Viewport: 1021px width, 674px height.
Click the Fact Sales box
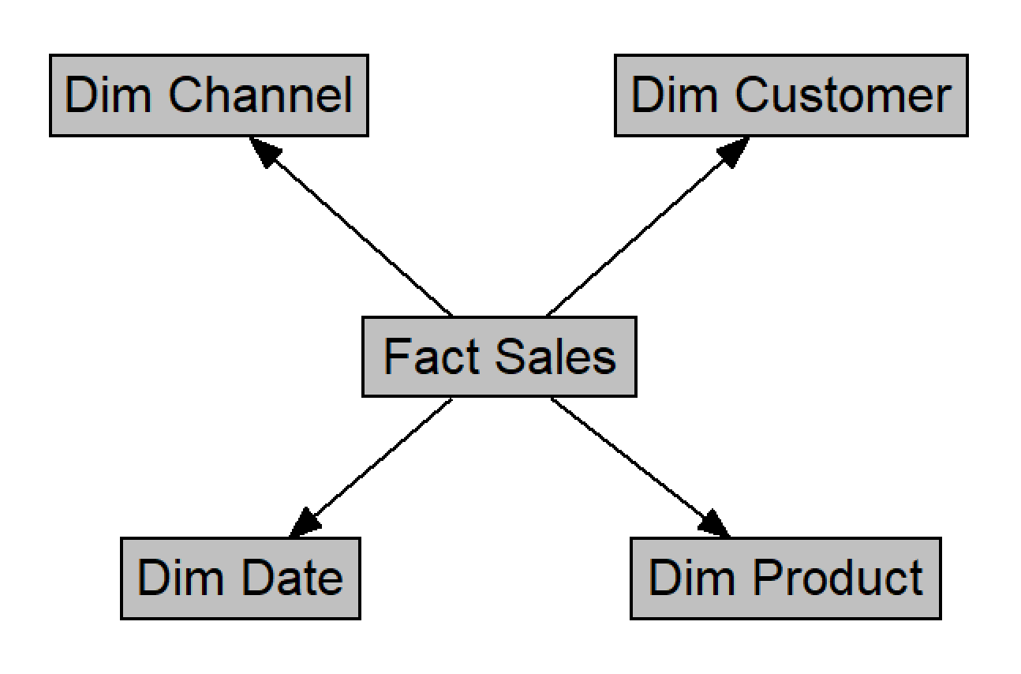coord(499,356)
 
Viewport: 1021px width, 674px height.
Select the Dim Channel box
coord(208,95)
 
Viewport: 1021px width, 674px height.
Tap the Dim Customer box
coord(791,95)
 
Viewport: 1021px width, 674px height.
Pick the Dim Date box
coord(241,578)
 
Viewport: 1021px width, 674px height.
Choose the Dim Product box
coord(785,578)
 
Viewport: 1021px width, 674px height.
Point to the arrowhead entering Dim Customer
coord(734,151)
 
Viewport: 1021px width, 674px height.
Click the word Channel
coord(260,95)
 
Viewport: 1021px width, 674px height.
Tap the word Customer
coord(843,95)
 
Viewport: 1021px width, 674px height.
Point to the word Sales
coord(555,356)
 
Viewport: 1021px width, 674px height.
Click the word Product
coord(837,578)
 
